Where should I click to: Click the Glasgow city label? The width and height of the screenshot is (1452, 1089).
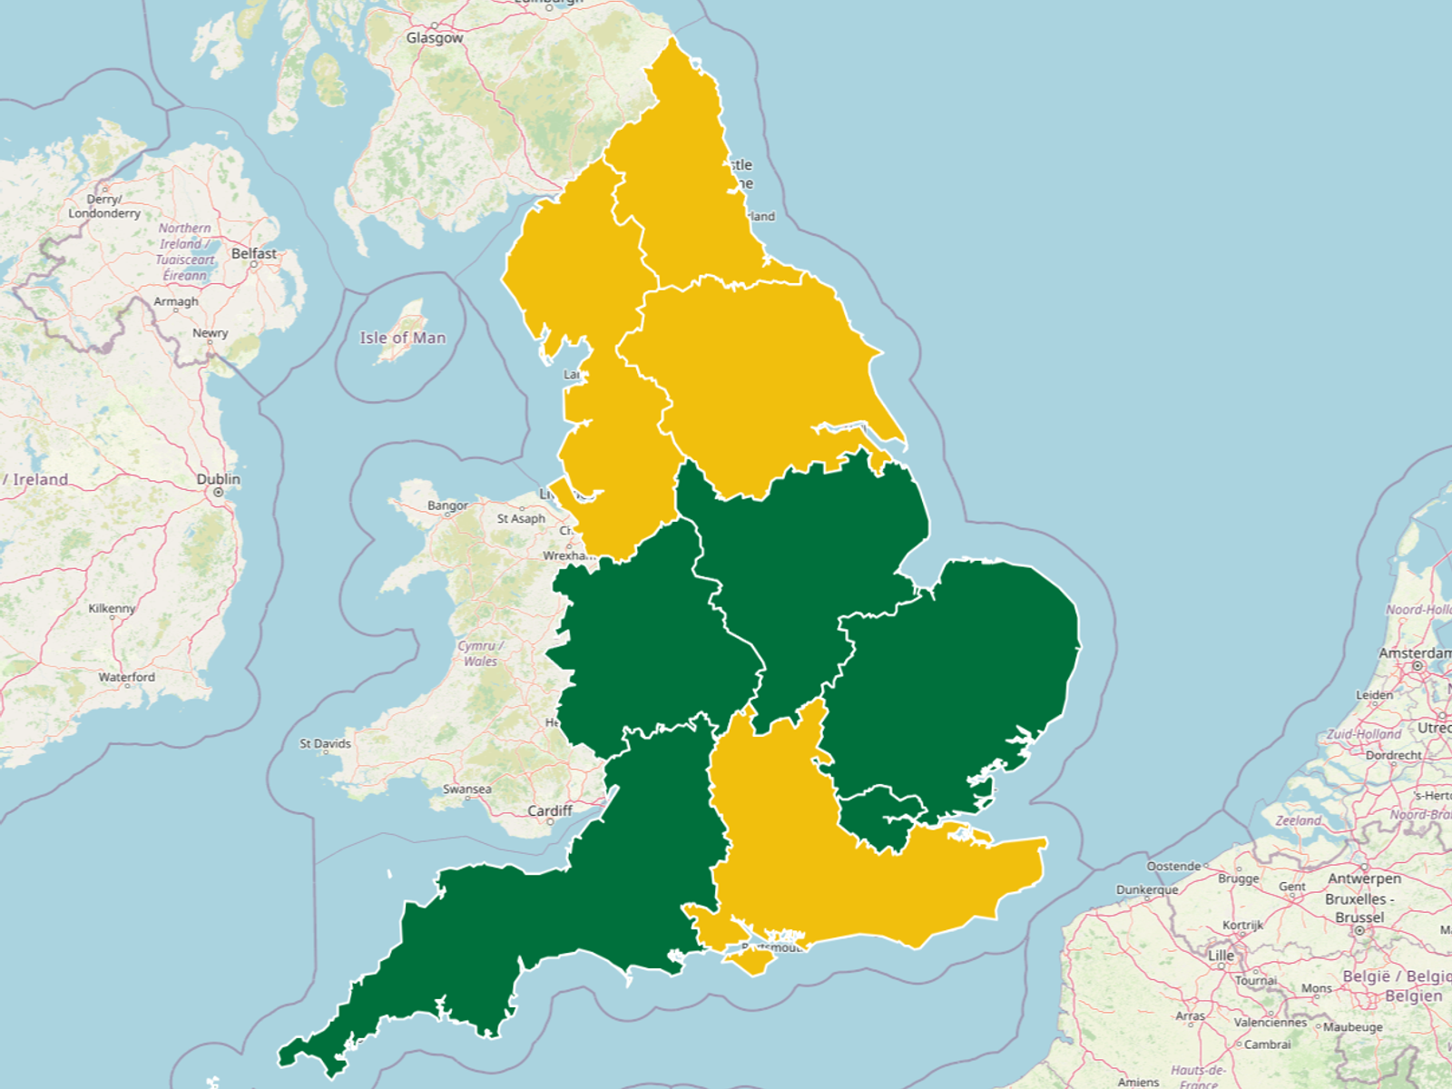click(x=435, y=38)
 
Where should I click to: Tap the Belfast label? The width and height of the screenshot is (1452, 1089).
click(x=254, y=253)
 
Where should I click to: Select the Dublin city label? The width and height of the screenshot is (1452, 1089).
click(x=219, y=479)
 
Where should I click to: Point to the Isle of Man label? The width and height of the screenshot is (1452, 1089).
click(x=403, y=338)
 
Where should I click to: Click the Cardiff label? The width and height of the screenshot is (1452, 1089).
click(x=550, y=810)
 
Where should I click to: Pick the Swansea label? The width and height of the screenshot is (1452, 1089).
click(x=467, y=789)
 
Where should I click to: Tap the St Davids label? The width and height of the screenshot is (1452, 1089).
click(x=326, y=743)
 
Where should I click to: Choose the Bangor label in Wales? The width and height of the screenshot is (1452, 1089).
click(x=447, y=505)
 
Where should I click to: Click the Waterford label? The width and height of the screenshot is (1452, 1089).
click(x=127, y=677)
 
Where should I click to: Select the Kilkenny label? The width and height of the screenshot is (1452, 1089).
click(x=112, y=608)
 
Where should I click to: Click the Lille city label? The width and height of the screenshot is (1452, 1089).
click(x=1221, y=956)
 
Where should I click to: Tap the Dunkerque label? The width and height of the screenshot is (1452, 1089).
click(x=1147, y=889)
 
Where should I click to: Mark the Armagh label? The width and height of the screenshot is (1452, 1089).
click(x=176, y=301)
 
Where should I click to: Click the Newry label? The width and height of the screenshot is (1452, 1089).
click(x=211, y=333)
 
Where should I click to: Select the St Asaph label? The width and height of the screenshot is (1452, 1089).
click(x=521, y=518)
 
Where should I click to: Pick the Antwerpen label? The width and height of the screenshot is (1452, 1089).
click(x=1364, y=878)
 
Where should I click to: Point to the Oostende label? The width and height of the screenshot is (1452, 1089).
click(x=1173, y=866)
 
